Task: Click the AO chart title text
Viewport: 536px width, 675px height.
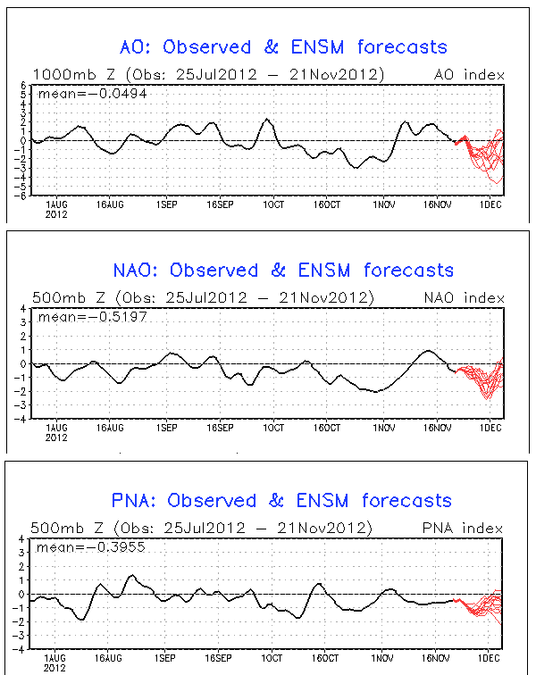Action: (x=283, y=46)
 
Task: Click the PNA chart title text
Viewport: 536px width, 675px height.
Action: (x=285, y=500)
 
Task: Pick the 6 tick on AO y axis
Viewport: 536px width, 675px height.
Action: (x=25, y=85)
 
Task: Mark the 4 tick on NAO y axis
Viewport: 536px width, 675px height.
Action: (x=25, y=309)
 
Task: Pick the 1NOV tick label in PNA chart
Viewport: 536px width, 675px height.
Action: (x=382, y=658)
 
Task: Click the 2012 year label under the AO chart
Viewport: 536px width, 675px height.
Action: (x=56, y=215)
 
